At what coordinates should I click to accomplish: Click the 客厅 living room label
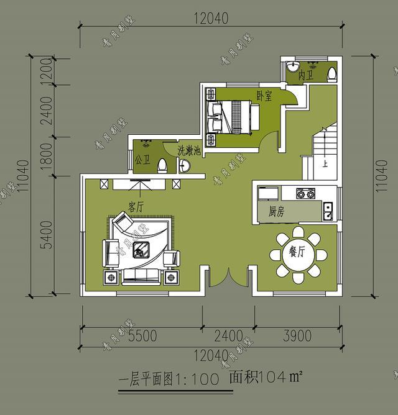[x=136, y=205]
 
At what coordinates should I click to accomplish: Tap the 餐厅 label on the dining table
[x=297, y=252]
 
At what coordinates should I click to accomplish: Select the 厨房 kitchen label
[x=277, y=212]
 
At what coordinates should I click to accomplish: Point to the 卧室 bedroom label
[x=264, y=96]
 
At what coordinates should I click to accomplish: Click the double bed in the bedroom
[x=237, y=116]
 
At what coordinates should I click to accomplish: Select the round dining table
[x=298, y=254]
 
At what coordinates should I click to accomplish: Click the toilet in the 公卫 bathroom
[x=162, y=165]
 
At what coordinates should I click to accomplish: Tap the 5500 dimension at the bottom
[x=142, y=336]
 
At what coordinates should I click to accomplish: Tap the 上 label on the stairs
[x=325, y=165]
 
